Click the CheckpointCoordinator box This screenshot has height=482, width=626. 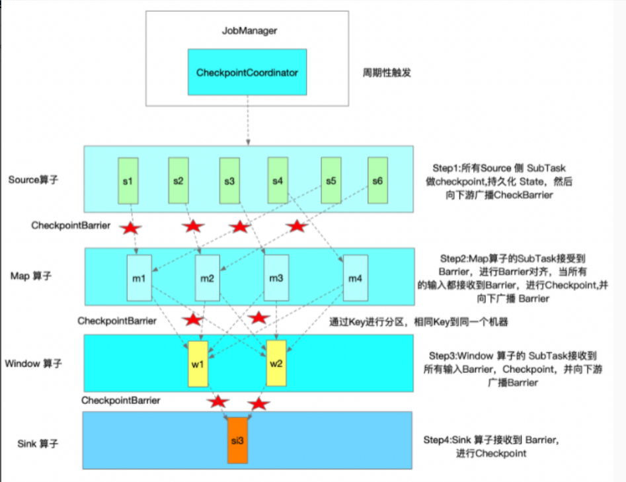pyautogui.click(x=247, y=72)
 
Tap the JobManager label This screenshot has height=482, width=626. pyautogui.click(x=246, y=30)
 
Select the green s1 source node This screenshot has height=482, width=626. pyautogui.click(x=128, y=180)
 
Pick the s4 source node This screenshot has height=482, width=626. pyautogui.click(x=278, y=180)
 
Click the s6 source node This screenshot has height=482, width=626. pyautogui.click(x=377, y=180)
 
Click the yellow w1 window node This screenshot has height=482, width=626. pyautogui.click(x=198, y=364)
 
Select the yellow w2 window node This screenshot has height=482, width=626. pyautogui.click(x=276, y=364)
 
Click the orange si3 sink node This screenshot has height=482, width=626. pyautogui.click(x=238, y=440)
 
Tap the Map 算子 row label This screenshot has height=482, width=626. pyautogui.click(x=30, y=276)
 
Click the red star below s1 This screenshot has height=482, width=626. pyautogui.click(x=130, y=228)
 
